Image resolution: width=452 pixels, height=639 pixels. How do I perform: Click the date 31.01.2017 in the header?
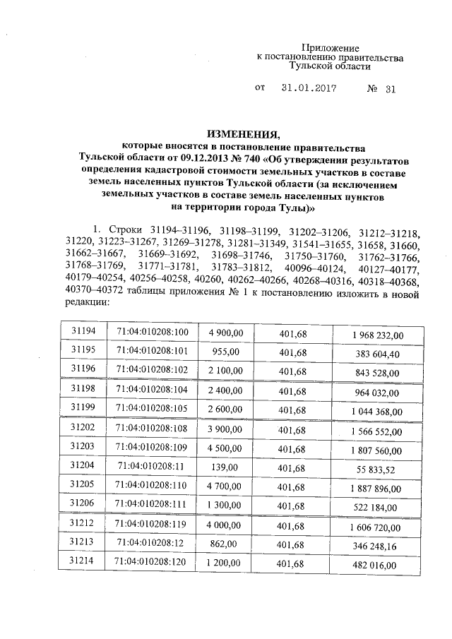click(308, 89)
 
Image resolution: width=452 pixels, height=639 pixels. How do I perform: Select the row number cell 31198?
click(83, 388)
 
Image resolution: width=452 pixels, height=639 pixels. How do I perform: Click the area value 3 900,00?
click(225, 428)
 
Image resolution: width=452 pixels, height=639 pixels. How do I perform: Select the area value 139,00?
click(226, 467)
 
